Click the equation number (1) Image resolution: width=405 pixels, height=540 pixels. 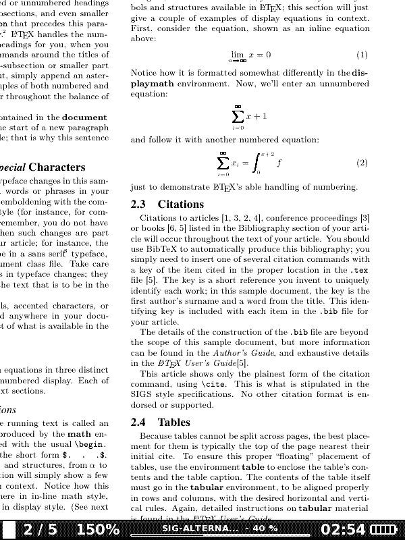(x=362, y=55)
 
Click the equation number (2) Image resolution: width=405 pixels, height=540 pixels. (x=362, y=163)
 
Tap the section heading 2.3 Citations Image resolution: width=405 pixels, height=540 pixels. (x=167, y=204)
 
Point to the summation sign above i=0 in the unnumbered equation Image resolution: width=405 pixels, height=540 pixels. (x=238, y=116)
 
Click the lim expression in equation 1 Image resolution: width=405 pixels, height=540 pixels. (x=237, y=55)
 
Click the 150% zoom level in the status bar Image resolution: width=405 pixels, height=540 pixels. (x=98, y=530)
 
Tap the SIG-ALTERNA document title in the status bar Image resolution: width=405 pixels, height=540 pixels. (x=200, y=528)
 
